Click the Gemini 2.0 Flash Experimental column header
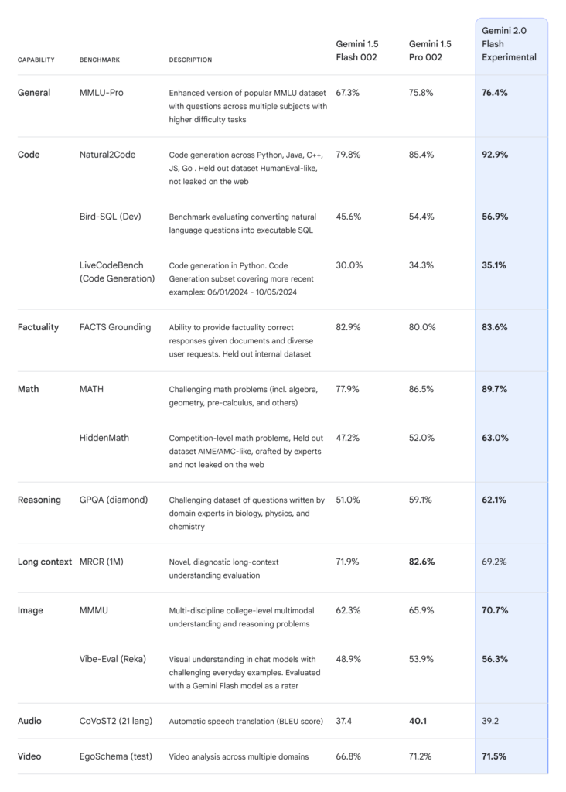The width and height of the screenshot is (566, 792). point(509,44)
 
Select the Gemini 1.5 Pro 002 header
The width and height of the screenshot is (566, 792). point(430,50)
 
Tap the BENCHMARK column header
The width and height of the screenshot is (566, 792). point(100,60)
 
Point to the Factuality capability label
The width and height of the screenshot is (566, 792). point(38,327)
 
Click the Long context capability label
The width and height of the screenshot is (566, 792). point(44,562)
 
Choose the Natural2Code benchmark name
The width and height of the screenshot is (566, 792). point(107,155)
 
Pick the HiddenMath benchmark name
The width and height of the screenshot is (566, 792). point(104,438)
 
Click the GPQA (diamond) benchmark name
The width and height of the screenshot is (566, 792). point(114,500)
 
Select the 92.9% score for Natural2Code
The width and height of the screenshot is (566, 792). point(495,155)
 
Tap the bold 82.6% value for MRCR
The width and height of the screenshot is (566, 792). point(421,562)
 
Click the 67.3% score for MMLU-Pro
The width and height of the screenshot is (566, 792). point(348,93)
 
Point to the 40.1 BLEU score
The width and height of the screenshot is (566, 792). point(418,721)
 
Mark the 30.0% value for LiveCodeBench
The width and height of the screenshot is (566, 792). point(349,265)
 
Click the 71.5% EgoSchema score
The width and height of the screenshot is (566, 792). point(494,756)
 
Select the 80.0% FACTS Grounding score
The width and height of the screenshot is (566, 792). point(422,327)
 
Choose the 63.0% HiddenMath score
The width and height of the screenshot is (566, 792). point(495,438)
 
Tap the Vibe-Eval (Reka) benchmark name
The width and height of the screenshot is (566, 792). point(113,659)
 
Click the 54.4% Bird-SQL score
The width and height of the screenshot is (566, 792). point(421,217)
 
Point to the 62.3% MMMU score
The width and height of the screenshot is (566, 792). point(349,610)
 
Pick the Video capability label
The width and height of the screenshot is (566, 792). point(29,756)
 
